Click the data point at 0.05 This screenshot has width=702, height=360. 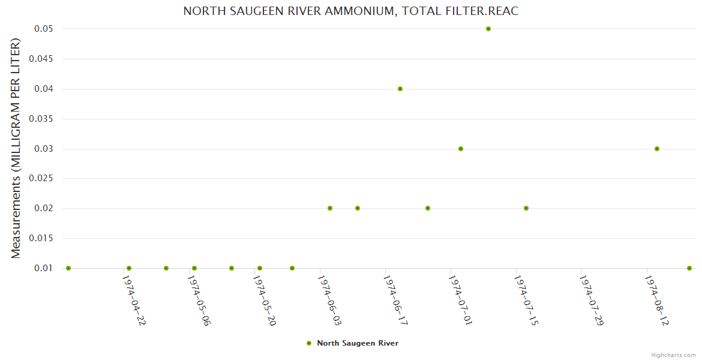tap(488, 29)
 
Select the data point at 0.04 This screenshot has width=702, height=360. tap(400, 89)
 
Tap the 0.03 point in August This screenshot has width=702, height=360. tap(657, 149)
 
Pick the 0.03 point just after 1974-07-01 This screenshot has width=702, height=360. tap(461, 149)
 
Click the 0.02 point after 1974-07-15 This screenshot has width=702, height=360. tap(526, 208)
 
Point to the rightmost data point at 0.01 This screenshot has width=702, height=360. tap(689, 268)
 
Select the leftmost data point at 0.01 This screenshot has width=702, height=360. tap(68, 268)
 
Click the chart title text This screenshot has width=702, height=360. tap(350, 11)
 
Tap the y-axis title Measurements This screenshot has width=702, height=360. tap(16, 148)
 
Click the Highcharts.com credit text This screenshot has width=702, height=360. tap(673, 355)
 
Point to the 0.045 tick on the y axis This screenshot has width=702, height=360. tap(44, 59)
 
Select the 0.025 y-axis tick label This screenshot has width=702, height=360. tap(44, 179)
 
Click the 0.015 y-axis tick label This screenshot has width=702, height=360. tap(44, 238)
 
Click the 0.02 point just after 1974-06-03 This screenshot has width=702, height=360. tap(330, 208)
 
